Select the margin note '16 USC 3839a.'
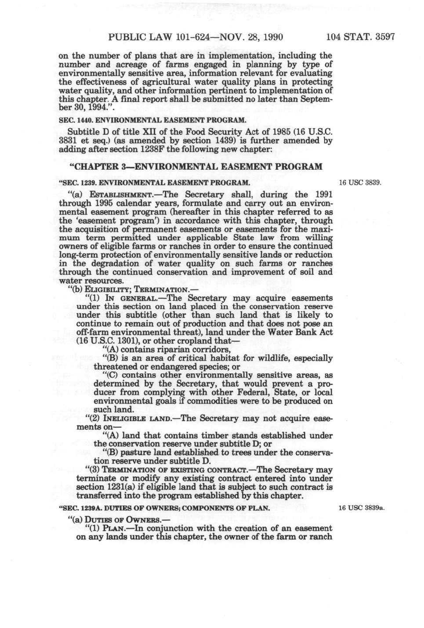361,508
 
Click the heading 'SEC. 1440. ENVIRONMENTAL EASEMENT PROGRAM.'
153,120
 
